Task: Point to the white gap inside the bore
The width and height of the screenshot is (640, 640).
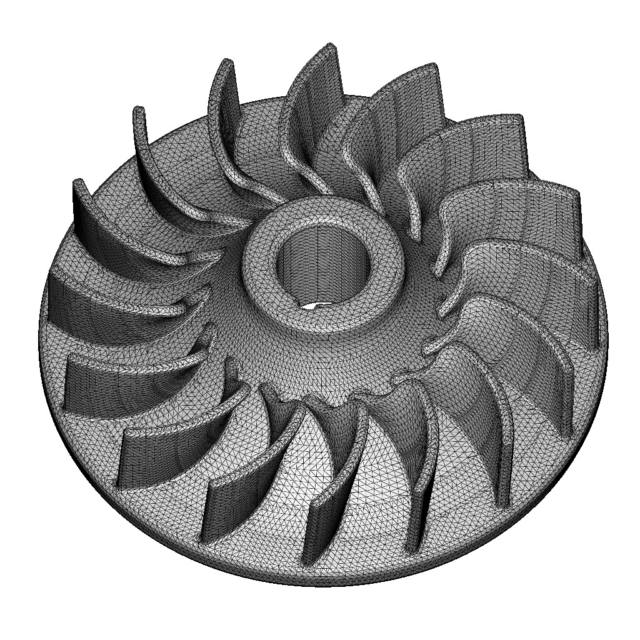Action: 312,306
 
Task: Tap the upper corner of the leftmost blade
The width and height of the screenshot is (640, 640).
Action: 78,182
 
